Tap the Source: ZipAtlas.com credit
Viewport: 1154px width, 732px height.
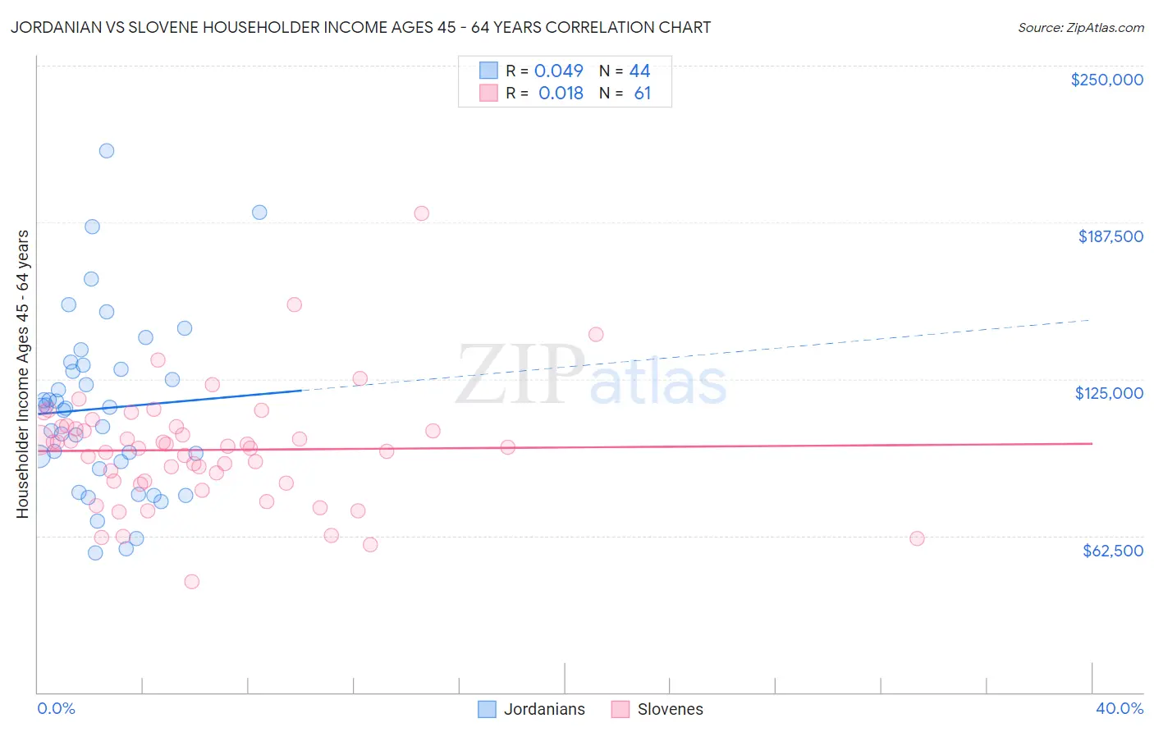tap(1080, 27)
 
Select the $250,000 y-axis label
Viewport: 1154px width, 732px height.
tap(1106, 80)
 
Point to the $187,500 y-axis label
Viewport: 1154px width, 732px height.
tap(1110, 236)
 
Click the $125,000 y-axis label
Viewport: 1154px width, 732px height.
tap(1109, 393)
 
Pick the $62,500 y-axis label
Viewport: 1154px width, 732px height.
tap(1112, 551)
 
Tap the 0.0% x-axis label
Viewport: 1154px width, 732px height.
tap(56, 708)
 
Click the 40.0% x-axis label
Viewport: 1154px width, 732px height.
tap(1119, 708)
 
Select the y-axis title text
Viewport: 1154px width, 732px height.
tap(22, 373)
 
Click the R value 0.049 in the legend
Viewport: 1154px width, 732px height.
tap(558, 71)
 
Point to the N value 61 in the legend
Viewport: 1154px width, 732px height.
tap(642, 94)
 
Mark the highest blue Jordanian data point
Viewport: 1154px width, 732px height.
tap(107, 150)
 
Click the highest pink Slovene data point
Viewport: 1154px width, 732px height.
tap(421, 213)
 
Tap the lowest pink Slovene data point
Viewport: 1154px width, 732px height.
tap(191, 581)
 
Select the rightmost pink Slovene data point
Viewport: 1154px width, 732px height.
tap(917, 538)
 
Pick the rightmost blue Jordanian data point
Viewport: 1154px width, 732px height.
tap(259, 212)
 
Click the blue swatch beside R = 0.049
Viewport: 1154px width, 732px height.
tap(488, 71)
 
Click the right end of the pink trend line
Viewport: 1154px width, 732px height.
tap(1092, 443)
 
